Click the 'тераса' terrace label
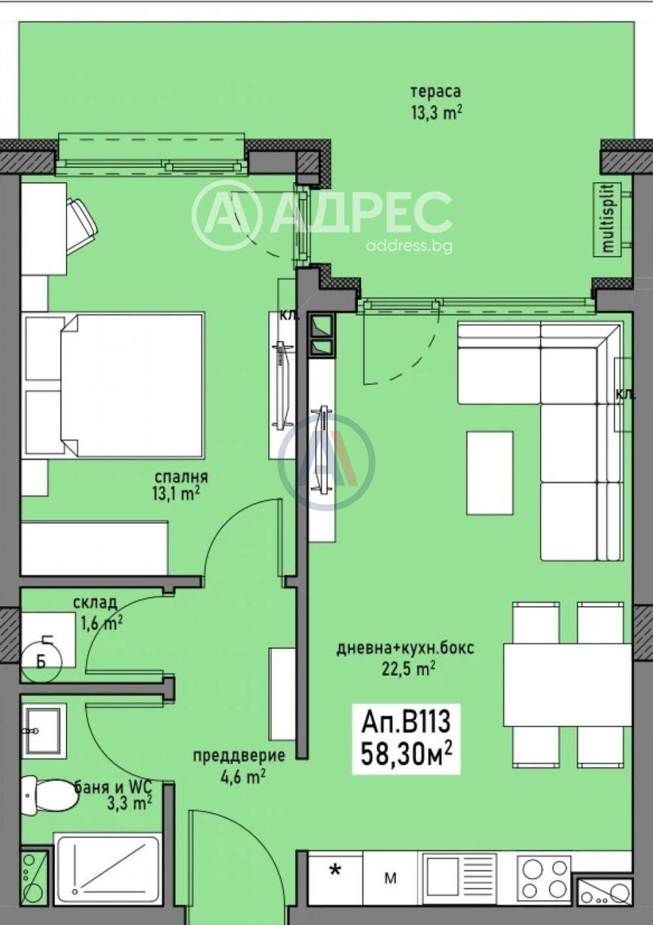point(435,92)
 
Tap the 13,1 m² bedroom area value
point(176,494)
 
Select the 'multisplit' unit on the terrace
point(608,220)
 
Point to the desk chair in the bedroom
point(82,223)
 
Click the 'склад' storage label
point(95,603)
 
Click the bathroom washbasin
point(44,730)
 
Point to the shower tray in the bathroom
point(107,867)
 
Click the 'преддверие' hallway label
point(239,755)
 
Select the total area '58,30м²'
point(406,754)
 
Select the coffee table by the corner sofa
point(490,473)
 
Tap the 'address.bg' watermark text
point(409,246)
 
